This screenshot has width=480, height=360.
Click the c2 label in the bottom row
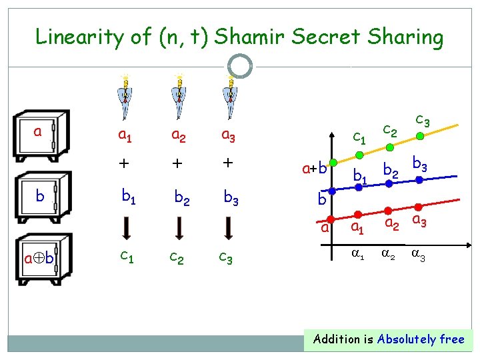click(177, 257)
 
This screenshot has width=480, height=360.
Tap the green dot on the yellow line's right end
click(420, 137)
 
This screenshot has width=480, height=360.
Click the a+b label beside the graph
click(315, 168)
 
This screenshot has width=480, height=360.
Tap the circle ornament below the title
click(240, 66)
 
